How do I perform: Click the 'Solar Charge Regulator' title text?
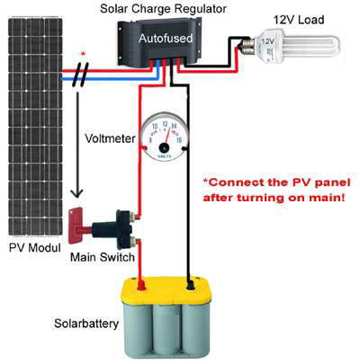[x=163, y=9]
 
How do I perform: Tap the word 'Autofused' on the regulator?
[x=166, y=39]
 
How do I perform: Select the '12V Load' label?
[x=299, y=20]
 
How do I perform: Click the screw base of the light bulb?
[x=247, y=47]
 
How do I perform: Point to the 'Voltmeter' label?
[x=110, y=138]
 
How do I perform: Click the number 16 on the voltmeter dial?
[x=179, y=140]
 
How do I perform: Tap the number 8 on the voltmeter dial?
[x=150, y=140]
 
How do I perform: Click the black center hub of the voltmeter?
[x=164, y=147]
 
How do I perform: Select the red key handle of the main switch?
[x=76, y=226]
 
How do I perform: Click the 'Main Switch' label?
[x=103, y=257]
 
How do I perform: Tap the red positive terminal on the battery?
[x=141, y=285]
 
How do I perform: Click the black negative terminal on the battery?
[x=190, y=286]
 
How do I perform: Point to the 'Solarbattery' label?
[x=86, y=324]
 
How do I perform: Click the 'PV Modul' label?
[x=35, y=248]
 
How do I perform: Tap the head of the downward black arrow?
[x=77, y=193]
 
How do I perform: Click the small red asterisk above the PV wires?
[x=84, y=54]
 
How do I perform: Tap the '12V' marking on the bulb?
[x=268, y=41]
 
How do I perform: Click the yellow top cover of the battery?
[x=166, y=289]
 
